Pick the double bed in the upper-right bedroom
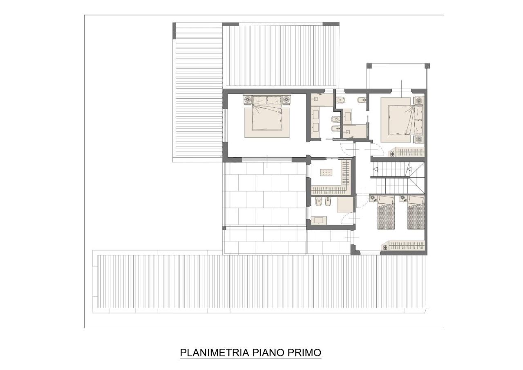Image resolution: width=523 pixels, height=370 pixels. (401, 120)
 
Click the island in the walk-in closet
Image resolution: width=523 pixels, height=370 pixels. (326, 173)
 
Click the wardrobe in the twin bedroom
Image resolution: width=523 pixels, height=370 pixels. (405, 246)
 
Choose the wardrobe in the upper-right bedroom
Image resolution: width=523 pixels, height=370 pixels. (407, 152)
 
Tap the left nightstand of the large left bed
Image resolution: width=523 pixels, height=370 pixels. (248, 99)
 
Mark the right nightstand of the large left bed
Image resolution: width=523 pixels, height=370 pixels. (286, 99)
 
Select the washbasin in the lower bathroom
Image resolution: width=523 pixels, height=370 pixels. (319, 220)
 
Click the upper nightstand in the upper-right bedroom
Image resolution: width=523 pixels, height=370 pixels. (418, 100)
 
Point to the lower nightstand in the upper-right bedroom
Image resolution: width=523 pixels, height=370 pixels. (418, 139)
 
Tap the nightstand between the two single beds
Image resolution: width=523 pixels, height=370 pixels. (402, 199)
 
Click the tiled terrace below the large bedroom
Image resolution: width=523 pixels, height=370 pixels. (265, 196)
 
